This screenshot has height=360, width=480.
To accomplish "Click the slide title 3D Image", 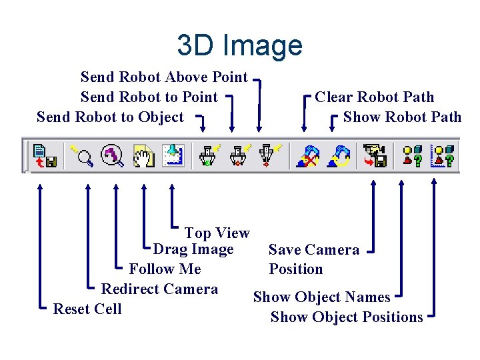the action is click(x=239, y=45).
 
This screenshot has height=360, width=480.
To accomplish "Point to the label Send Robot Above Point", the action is click(x=164, y=77).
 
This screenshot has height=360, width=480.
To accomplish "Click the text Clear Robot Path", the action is click(x=374, y=97).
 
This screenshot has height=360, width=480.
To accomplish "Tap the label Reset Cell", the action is click(x=87, y=309).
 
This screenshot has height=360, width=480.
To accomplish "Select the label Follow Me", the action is click(x=165, y=269).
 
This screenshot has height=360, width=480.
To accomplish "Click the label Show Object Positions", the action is click(x=347, y=317).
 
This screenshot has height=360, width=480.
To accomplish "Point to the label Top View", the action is click(x=217, y=233).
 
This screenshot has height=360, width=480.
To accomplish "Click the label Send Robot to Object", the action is click(x=110, y=117).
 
